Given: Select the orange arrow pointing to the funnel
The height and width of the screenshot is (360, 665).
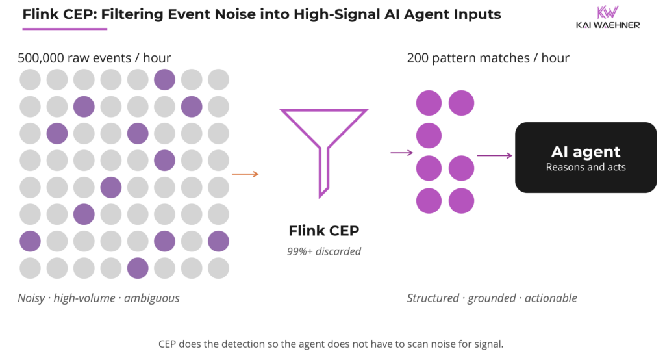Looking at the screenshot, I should tap(245, 174).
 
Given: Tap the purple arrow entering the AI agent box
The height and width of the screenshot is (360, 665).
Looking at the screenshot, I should tap(494, 156).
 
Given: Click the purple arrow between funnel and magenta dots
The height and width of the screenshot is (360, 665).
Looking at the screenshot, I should tap(401, 153).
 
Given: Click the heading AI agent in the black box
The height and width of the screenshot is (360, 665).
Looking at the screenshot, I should tap(586, 152).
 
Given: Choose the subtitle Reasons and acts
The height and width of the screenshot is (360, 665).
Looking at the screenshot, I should tap(586, 167).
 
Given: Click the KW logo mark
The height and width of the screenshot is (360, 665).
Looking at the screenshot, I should tap(607, 12).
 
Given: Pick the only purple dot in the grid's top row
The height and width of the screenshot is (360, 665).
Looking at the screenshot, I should tap(164, 80).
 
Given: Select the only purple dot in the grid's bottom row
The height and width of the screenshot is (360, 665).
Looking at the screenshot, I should tap(138, 267).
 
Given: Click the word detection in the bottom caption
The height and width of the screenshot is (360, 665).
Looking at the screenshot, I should tap(236, 343).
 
